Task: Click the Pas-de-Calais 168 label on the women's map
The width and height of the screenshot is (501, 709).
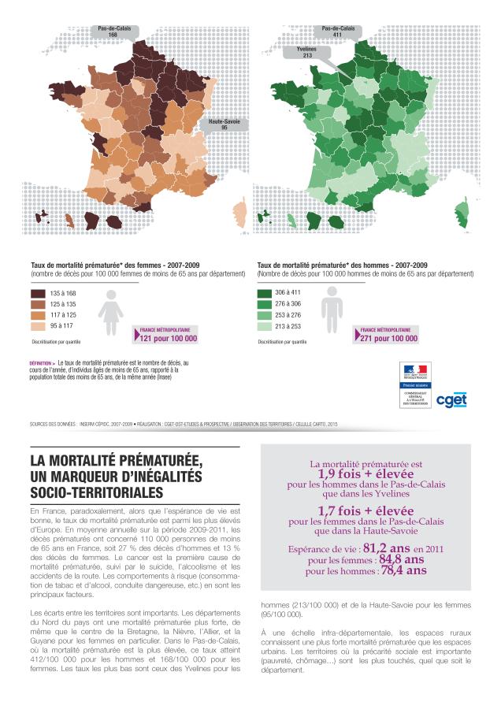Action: [113, 32]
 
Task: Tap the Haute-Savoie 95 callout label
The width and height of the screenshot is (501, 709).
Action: [225, 124]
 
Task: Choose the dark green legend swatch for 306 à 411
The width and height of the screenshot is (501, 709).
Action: [270, 293]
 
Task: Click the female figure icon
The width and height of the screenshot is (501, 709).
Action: [110, 310]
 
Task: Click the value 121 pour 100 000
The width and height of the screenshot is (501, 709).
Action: [168, 339]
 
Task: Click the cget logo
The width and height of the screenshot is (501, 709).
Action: [451, 400]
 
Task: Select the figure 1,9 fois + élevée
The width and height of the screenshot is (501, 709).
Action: [366, 475]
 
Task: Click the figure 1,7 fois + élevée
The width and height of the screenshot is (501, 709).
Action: [366, 510]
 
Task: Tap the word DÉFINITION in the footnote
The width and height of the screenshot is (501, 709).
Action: [41, 363]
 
